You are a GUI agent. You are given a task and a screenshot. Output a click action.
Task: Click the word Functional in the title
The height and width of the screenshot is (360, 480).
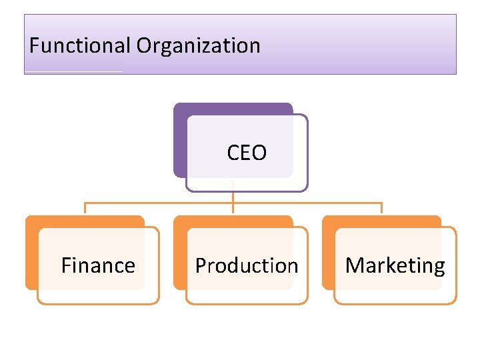coord(80,46)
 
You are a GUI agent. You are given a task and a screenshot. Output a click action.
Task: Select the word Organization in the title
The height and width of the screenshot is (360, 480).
coord(198,46)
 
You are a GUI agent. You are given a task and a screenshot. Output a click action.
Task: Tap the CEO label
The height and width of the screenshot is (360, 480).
coord(246,153)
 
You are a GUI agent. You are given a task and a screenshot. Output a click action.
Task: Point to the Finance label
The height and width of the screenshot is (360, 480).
coord(98,265)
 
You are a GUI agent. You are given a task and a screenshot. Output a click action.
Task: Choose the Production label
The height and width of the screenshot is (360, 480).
coord(246,265)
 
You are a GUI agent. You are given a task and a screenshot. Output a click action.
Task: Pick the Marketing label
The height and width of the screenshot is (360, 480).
coord(395,265)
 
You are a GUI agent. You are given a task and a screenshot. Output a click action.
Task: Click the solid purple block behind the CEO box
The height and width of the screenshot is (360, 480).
coord(179,140)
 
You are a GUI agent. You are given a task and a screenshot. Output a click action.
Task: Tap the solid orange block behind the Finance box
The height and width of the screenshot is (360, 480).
coord(31,253)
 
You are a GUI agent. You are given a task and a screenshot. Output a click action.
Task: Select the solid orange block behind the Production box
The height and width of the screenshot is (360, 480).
coord(179,253)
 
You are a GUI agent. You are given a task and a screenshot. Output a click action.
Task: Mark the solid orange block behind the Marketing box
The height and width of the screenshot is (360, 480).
coord(328,253)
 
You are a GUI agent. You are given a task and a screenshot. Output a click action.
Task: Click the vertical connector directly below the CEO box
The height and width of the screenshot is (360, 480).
coord(233,197)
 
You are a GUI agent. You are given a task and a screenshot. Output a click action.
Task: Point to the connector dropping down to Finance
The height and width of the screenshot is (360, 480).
coord(85,209)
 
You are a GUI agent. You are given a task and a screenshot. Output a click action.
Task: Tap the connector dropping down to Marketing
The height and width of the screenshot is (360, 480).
coord(381,209)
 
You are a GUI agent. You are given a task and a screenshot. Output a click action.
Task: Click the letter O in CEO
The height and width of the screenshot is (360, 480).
coord(259,153)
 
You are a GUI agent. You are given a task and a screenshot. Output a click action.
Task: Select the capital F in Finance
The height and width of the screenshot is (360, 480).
coord(65,265)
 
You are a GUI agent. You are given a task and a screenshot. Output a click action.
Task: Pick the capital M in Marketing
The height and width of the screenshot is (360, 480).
coord(354,265)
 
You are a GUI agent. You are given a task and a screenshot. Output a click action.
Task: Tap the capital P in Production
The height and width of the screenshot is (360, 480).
coord(200,265)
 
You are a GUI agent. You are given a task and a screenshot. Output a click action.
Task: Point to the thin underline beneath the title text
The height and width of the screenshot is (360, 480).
coord(73,71)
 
